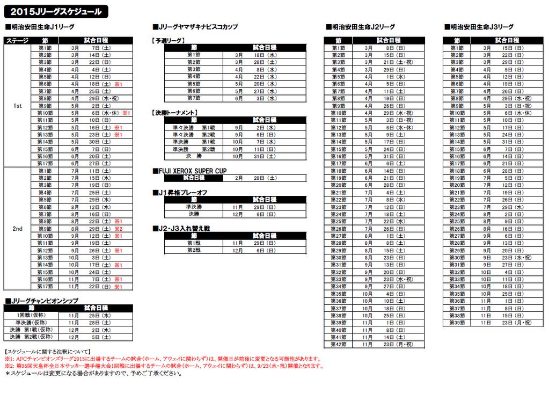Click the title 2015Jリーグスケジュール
click(x=57, y=11)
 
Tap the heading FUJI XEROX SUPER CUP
click(x=190, y=171)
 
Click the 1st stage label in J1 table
click(x=17, y=106)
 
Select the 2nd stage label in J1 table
click(x=17, y=229)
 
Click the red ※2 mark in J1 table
click(x=119, y=229)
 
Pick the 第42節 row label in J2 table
click(x=338, y=344)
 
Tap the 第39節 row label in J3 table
click(x=457, y=323)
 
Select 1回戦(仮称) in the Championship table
click(x=31, y=316)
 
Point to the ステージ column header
click(x=17, y=40)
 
